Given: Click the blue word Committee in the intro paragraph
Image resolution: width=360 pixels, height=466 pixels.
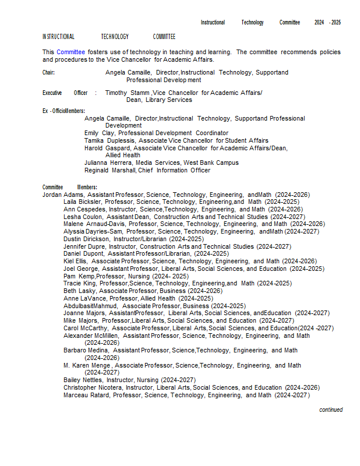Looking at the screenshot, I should (70, 52).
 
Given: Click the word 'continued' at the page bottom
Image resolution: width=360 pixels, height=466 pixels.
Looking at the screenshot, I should (331, 409).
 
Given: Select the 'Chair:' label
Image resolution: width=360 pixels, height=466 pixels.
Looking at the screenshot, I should (48, 73).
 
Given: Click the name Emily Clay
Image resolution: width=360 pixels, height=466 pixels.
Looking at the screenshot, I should (99, 133).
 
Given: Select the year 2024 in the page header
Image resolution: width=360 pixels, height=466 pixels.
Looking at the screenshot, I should (319, 23).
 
